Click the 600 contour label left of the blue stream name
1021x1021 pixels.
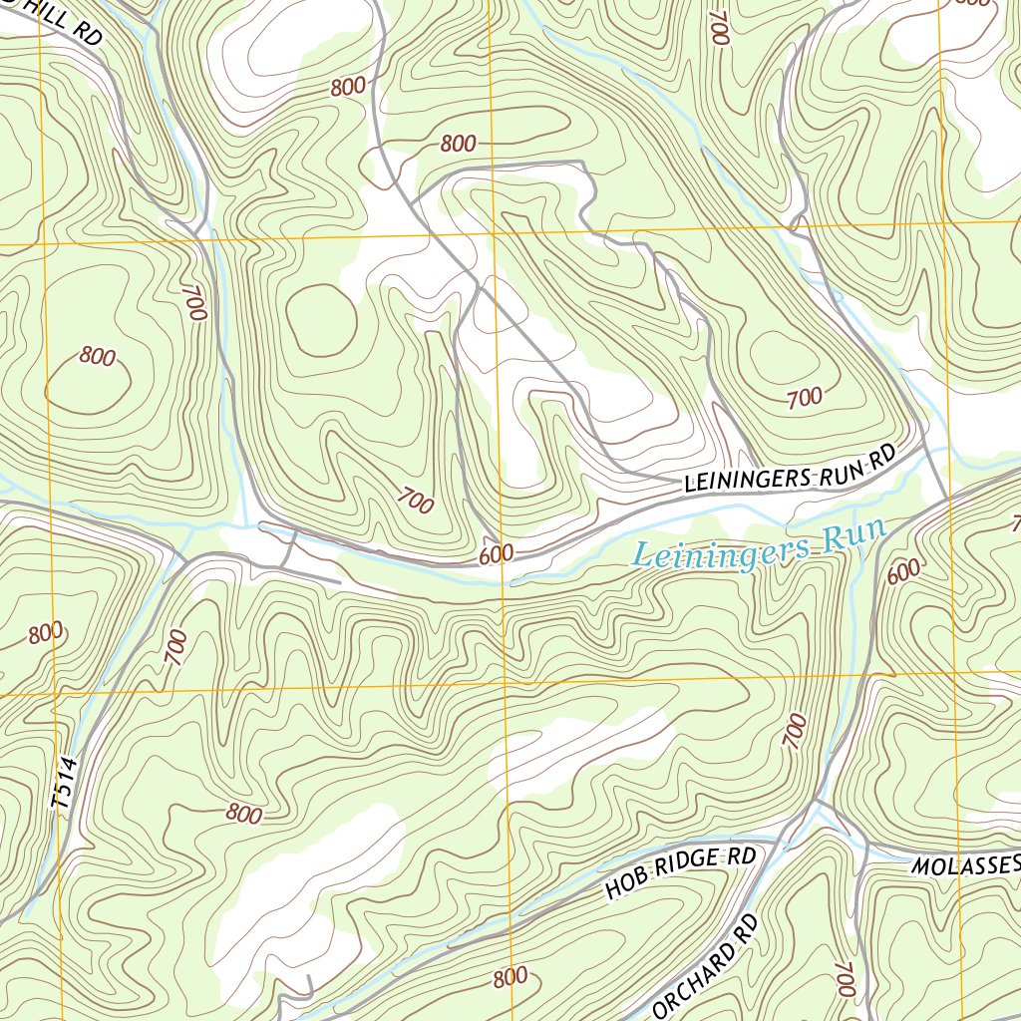496,554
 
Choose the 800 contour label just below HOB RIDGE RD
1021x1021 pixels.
510,976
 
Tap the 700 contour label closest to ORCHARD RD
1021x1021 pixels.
846,979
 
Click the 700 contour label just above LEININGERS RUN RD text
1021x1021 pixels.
805,398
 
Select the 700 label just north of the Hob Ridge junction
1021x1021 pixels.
796,733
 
